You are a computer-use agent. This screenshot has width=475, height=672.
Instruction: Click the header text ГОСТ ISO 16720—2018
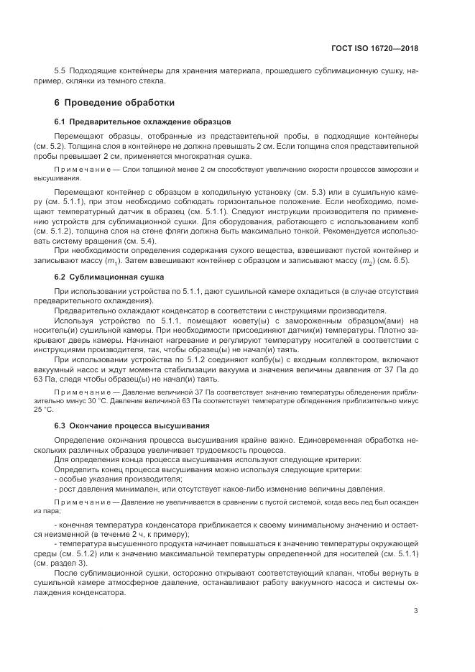click(375, 49)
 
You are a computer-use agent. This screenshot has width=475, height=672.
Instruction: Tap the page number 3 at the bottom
click(415, 612)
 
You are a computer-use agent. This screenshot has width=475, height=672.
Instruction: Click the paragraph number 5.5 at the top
click(60, 72)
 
